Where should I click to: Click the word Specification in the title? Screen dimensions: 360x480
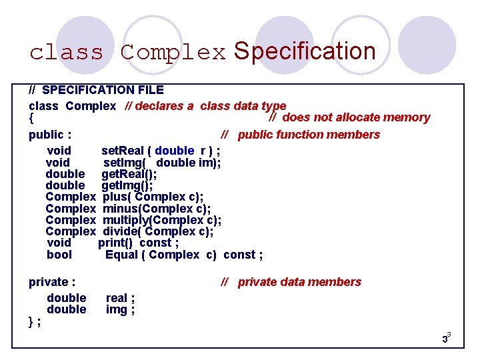pyautogui.click(x=305, y=51)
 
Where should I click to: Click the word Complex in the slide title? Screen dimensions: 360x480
pyautogui.click(x=173, y=53)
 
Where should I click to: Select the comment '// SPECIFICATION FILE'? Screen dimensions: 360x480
pyautogui.click(x=96, y=89)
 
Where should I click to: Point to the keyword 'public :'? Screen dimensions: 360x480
pyautogui.click(x=50, y=135)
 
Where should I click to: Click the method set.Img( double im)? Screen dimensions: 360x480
pyautogui.click(x=162, y=163)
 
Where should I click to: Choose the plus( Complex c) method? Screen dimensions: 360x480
pyautogui.click(x=153, y=197)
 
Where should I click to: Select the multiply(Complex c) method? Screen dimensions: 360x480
pyautogui.click(x=162, y=220)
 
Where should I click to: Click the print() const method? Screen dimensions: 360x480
pyautogui.click(x=138, y=243)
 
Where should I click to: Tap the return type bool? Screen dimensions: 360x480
pyautogui.click(x=59, y=255)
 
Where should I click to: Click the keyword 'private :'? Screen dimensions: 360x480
pyautogui.click(x=52, y=282)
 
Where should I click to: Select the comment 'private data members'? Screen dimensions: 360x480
pyautogui.click(x=291, y=282)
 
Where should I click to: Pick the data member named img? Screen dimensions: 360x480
pyautogui.click(x=120, y=309)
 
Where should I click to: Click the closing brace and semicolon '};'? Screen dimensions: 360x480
pyautogui.click(x=35, y=321)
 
